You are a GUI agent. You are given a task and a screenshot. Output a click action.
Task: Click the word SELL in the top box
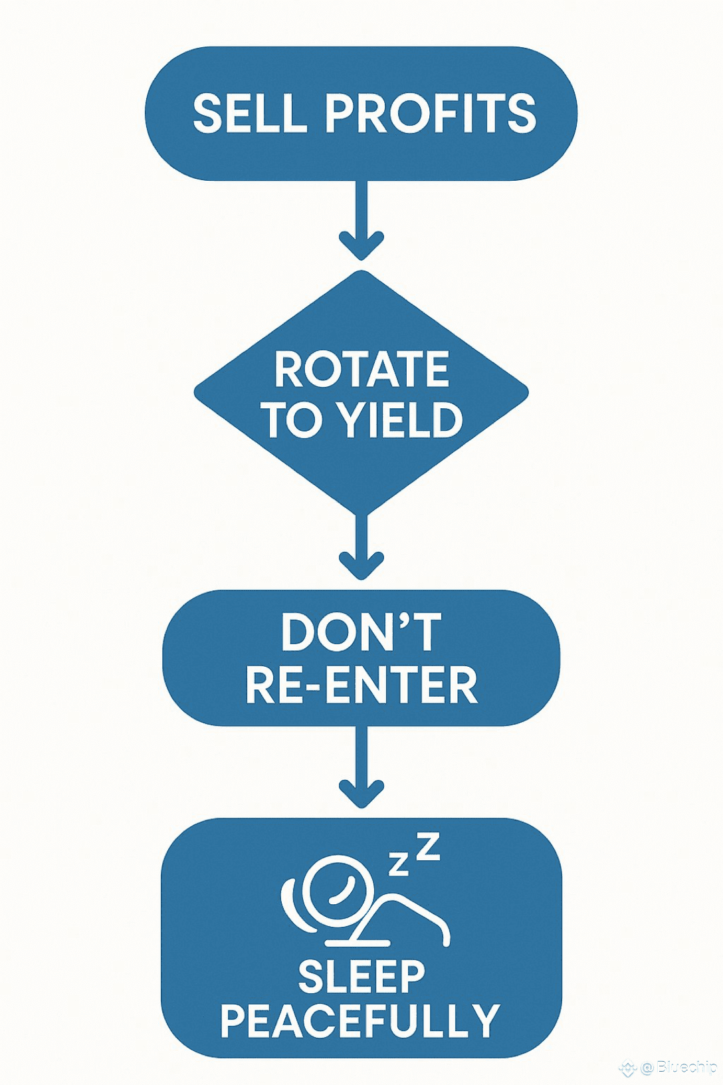tap(250, 113)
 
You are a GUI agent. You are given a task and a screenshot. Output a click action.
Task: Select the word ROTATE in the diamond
tap(361, 370)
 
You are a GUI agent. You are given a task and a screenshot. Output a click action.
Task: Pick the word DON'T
tap(361, 632)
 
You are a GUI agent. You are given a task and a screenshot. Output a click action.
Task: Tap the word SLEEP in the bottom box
tap(361, 977)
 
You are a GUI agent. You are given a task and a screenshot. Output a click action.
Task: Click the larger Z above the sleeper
tap(429, 846)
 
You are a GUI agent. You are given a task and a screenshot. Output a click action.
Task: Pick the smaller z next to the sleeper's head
tap(399, 864)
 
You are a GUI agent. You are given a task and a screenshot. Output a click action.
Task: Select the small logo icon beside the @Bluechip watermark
tap(627, 1068)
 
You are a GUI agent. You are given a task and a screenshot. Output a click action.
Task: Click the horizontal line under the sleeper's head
tap(357, 943)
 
